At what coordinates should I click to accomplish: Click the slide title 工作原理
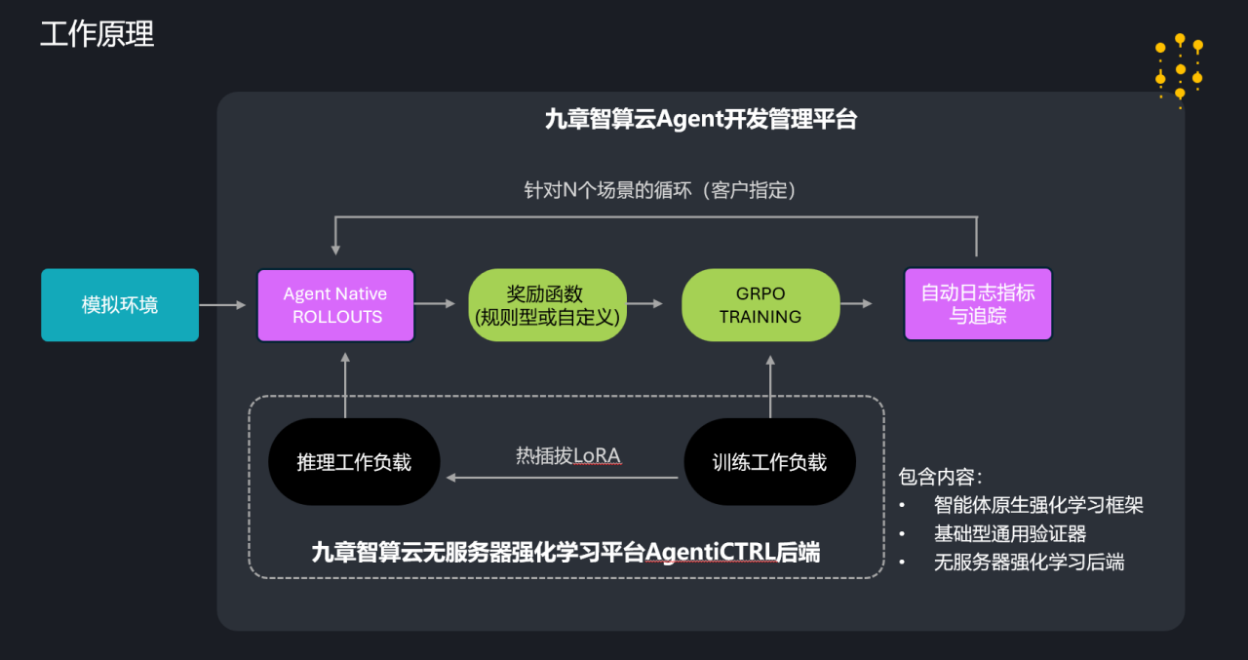(97, 34)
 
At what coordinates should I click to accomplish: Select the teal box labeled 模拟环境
(120, 305)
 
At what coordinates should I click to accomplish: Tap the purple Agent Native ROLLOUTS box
(335, 305)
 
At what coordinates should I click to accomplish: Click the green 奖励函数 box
(547, 305)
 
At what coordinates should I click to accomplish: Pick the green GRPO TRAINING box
(760, 305)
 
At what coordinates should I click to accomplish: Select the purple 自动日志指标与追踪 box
(978, 304)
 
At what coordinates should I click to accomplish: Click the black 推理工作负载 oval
(354, 462)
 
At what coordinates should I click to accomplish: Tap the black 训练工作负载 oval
(769, 462)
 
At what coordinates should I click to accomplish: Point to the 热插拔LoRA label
(567, 456)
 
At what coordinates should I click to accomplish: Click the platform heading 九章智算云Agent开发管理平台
(700, 120)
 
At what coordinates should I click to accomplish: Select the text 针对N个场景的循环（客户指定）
(660, 190)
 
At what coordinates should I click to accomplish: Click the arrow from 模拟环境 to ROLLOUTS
(223, 305)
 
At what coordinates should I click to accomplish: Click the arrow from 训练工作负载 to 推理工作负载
(562, 478)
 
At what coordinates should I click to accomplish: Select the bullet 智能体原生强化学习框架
(1038, 505)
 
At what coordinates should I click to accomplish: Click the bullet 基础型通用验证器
(1010, 533)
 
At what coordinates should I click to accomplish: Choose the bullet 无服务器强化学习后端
(1029, 562)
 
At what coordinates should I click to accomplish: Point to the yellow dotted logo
(1179, 69)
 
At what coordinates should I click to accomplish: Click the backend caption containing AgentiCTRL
(565, 553)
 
